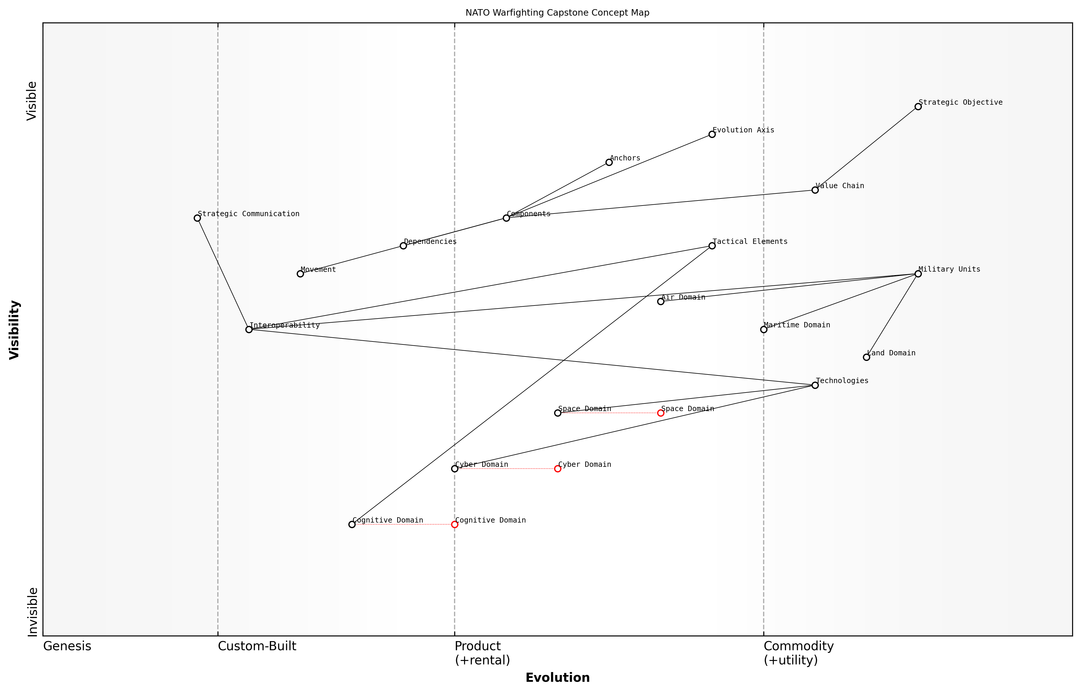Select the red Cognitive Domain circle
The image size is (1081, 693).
455,524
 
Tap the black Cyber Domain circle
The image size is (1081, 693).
455,469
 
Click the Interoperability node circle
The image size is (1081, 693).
249,329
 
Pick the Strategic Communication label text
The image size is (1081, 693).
248,214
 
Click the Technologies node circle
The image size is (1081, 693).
815,385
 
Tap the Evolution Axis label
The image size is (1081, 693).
743,130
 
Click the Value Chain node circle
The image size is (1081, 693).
815,190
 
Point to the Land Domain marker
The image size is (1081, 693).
866,357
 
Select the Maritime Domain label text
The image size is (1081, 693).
797,325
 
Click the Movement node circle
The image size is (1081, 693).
300,274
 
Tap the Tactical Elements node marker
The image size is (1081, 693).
712,246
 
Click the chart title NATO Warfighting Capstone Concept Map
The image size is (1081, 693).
557,13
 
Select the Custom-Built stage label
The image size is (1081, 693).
257,646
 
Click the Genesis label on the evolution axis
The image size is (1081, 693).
67,646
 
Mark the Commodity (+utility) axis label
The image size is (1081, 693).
798,653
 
